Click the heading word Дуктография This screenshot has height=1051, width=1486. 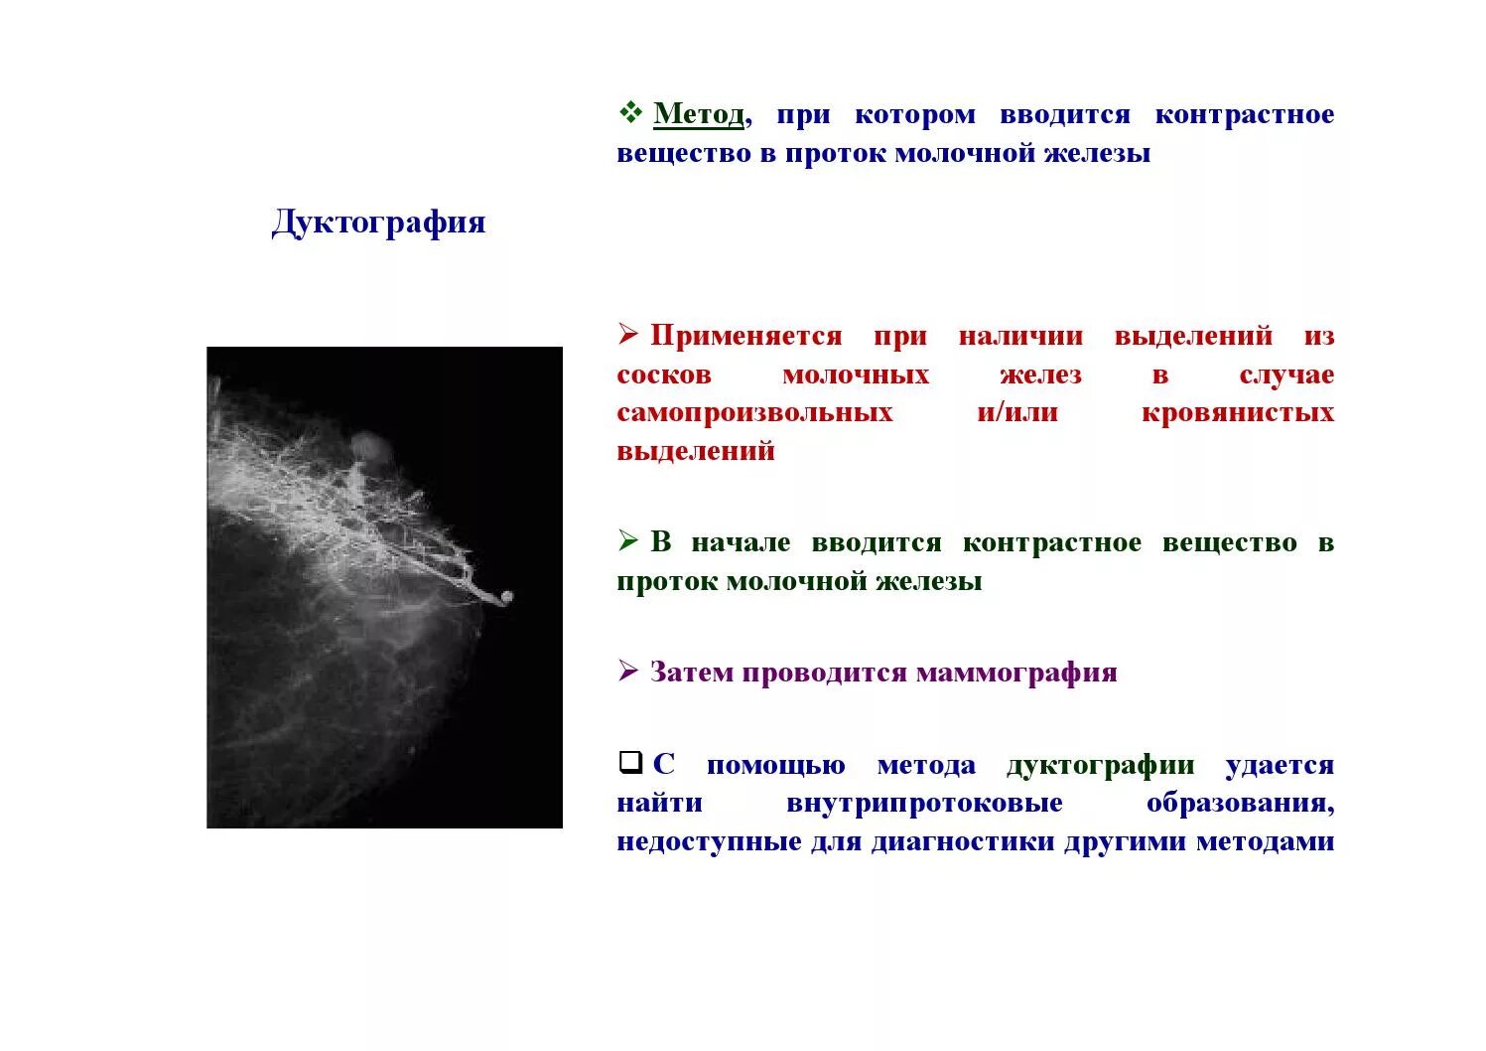378,223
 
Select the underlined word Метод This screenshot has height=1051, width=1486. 698,115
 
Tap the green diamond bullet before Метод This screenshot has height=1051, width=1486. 629,113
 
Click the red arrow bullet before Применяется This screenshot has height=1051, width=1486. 628,335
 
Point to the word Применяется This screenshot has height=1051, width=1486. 745,337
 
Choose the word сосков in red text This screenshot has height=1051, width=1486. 664,375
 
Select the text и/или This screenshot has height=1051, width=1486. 1016,413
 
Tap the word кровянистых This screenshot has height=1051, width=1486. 1237,413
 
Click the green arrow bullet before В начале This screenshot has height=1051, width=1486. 628,541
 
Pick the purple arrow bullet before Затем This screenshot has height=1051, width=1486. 628,672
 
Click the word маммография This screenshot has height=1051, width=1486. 1016,674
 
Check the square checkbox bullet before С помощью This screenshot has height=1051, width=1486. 629,763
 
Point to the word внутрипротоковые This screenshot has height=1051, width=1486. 924,804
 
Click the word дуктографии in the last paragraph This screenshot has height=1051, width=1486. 1100,766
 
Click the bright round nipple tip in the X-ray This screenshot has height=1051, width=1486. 506,598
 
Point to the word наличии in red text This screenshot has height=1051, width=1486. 1020,337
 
